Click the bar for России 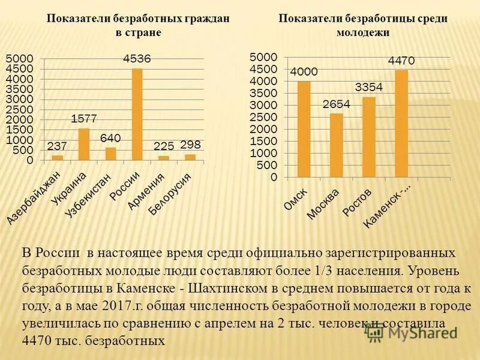click(x=137, y=115)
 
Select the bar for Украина click(x=84, y=145)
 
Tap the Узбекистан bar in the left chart click(x=110, y=154)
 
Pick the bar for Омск click(x=304, y=130)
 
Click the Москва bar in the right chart click(x=337, y=146)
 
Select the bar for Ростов click(x=369, y=137)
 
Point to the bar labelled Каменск click(x=401, y=124)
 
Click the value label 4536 click(x=137, y=59)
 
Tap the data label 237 click(x=57, y=146)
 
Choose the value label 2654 click(x=337, y=104)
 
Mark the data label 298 click(x=190, y=145)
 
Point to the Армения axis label click(x=145, y=191)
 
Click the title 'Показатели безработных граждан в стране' click(x=138, y=25)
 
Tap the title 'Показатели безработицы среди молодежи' click(x=363, y=25)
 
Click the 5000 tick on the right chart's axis click(x=265, y=56)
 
